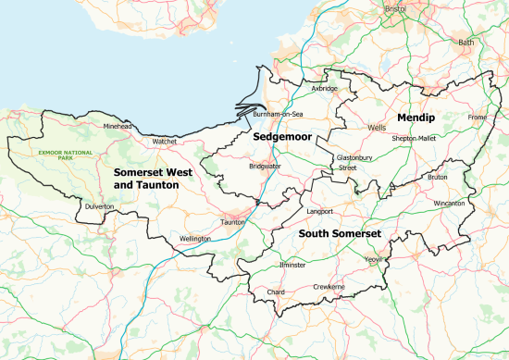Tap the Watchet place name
165,142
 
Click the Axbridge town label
324,89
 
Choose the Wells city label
376,126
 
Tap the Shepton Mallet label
414,138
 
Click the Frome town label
477,118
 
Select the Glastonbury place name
354,158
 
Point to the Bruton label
438,176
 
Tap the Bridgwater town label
265,166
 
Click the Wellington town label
195,238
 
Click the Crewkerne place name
329,288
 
